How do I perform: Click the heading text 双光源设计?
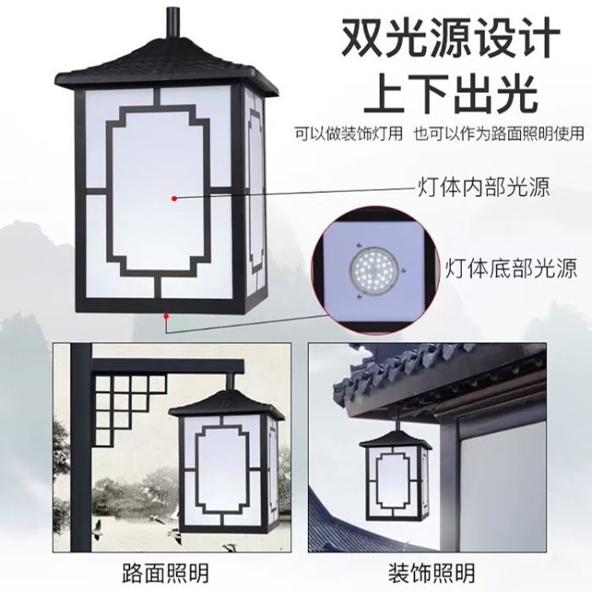click(451, 38)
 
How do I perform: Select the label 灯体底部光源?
click(511, 270)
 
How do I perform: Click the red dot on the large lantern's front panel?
click(174, 197)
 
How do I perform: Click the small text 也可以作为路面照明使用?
click(487, 133)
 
